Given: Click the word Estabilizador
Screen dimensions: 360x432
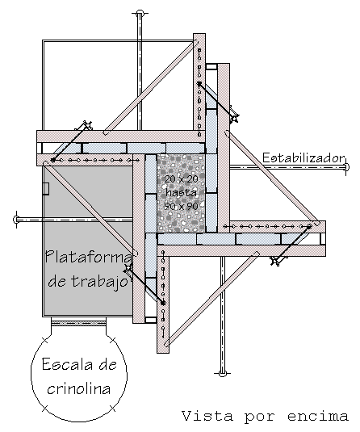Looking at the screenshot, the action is [x=303, y=158].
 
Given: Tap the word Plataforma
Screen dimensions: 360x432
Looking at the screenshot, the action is [x=89, y=258].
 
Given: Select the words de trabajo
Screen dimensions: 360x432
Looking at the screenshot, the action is [x=89, y=281].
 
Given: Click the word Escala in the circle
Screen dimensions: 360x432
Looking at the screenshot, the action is [x=65, y=364].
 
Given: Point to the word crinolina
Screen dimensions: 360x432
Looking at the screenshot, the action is [x=79, y=388].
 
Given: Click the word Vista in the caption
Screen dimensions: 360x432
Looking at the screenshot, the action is [x=207, y=416].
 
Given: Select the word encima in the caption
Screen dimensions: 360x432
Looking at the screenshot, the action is [x=318, y=416].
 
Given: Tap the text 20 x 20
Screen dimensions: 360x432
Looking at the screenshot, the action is [x=182, y=179].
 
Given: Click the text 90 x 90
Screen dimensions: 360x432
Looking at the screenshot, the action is [x=182, y=206].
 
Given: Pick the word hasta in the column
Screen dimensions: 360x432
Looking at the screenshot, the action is [x=182, y=192].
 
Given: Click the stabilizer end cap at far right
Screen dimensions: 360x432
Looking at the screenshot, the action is [x=346, y=166].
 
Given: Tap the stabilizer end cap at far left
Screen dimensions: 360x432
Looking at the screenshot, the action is [x=16, y=220].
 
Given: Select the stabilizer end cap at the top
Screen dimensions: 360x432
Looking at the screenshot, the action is [x=140, y=13].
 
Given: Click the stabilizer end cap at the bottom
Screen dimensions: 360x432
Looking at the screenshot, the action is [x=223, y=373].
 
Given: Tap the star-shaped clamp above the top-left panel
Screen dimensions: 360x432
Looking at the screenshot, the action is [x=87, y=125].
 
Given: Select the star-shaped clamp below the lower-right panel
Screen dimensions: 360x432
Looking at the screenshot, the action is [x=275, y=260].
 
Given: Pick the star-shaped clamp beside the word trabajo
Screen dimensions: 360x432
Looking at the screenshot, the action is [x=128, y=267].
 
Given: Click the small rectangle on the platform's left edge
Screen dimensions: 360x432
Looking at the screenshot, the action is [x=46, y=189].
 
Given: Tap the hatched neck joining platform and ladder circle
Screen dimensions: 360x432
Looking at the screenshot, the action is [x=78, y=322].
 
